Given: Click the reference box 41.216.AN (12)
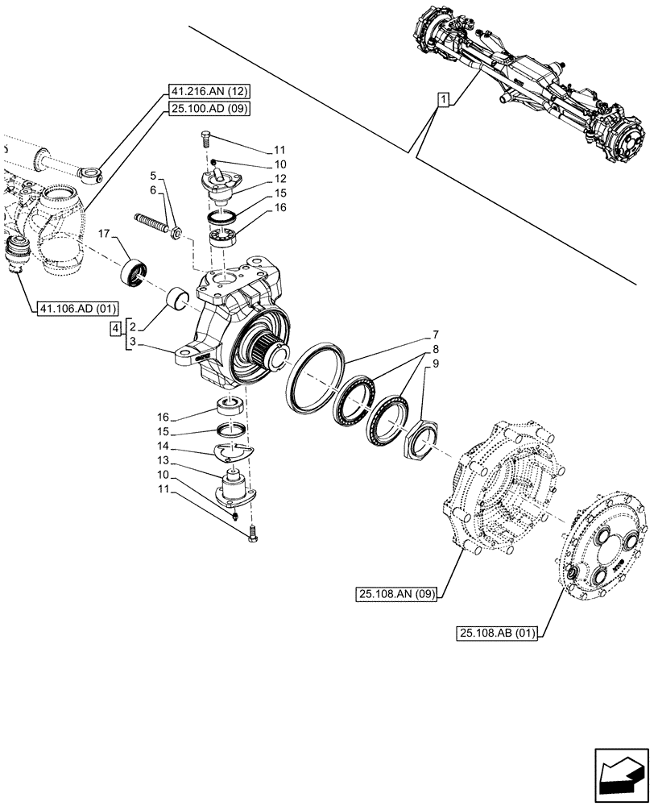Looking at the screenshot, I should click(209, 92).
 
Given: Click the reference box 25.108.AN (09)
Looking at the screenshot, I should click(397, 595).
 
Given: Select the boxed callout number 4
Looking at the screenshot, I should click(117, 328).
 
